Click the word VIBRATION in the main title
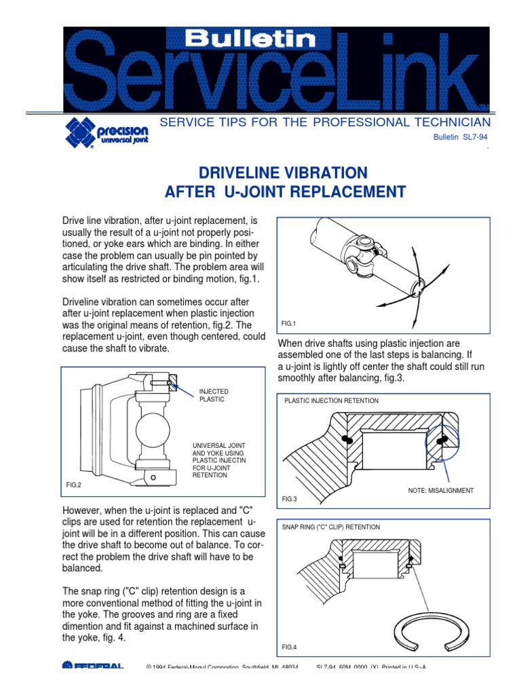pos(318,172)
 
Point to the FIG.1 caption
pos(290,324)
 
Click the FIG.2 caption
pos(73,485)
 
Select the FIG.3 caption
pos(290,499)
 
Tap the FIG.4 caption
pos(290,647)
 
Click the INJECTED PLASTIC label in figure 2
pos(214,396)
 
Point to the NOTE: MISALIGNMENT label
pos(441,490)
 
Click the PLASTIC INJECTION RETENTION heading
pos(331,401)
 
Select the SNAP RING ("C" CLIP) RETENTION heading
pos(331,527)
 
